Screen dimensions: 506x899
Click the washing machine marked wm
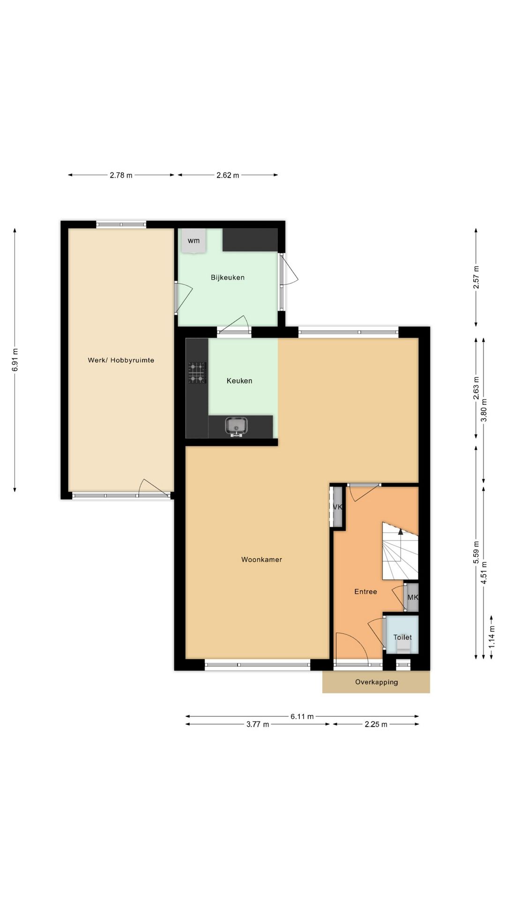click(193, 241)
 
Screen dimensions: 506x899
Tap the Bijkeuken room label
click(228, 277)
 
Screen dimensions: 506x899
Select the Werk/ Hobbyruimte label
click(121, 360)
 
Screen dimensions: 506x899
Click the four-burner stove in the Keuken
click(197, 373)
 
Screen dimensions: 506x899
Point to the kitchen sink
click(237, 426)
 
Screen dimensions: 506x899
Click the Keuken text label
click(239, 381)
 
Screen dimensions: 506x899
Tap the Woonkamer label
click(261, 560)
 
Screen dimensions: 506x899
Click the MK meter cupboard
click(412, 597)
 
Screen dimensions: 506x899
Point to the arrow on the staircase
click(400, 531)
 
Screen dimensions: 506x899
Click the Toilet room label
click(402, 637)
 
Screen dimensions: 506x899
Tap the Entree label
click(365, 591)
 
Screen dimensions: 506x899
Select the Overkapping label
click(376, 682)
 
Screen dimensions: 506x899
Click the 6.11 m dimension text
click(302, 716)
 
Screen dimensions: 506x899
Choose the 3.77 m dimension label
click(258, 724)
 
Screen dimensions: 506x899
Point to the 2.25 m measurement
click(376, 724)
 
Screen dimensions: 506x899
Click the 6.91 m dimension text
click(15, 360)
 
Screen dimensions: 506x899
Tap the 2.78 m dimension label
click(121, 175)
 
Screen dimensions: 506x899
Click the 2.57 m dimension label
click(476, 277)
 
